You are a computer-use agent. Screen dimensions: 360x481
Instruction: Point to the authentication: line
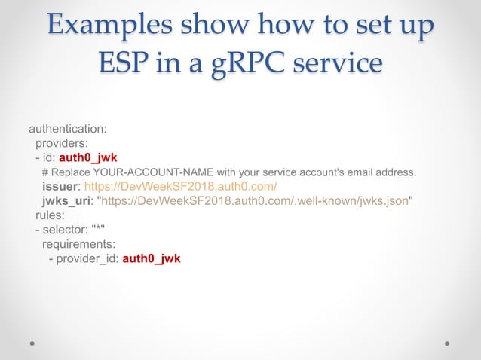[x=72, y=129]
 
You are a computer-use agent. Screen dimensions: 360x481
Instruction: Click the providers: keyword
[x=62, y=143]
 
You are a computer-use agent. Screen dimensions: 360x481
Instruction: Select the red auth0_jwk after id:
[x=87, y=157]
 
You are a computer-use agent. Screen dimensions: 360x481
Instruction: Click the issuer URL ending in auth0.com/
[x=180, y=186]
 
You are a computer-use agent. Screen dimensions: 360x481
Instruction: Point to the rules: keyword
[x=50, y=215]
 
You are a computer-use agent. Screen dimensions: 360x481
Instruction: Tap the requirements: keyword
[x=78, y=244]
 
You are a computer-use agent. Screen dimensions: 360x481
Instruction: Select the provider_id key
[x=85, y=258]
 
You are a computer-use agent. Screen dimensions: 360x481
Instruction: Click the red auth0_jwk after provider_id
[x=152, y=258]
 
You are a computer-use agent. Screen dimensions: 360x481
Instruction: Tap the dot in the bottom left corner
[x=33, y=342]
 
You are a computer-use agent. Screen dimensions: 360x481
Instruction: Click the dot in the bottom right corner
[x=447, y=342]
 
